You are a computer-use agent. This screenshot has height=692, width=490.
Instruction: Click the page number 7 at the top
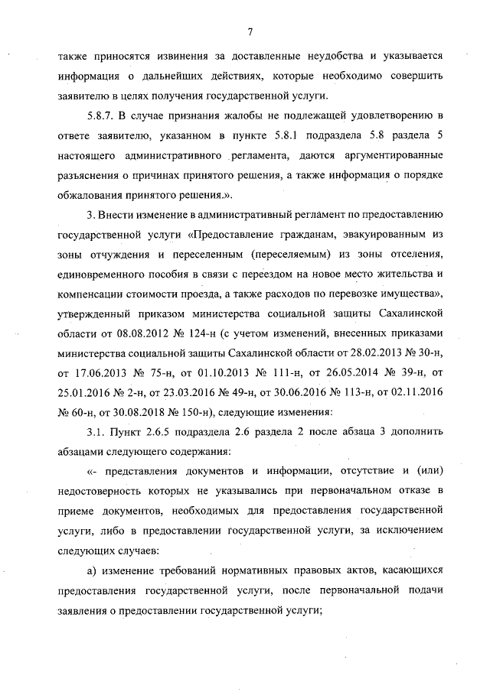click(250, 31)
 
